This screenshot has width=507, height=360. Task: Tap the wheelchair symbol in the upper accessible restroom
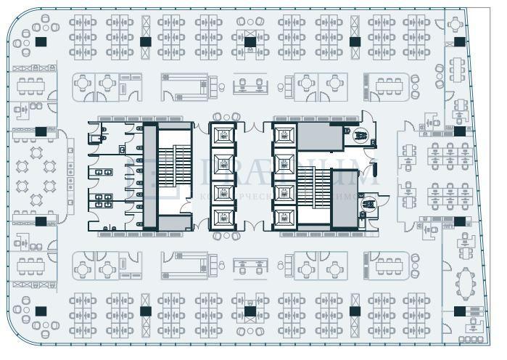359,134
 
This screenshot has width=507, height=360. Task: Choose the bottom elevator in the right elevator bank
284,216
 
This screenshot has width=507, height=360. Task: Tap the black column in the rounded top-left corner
40,42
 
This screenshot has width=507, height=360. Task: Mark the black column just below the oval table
459,311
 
